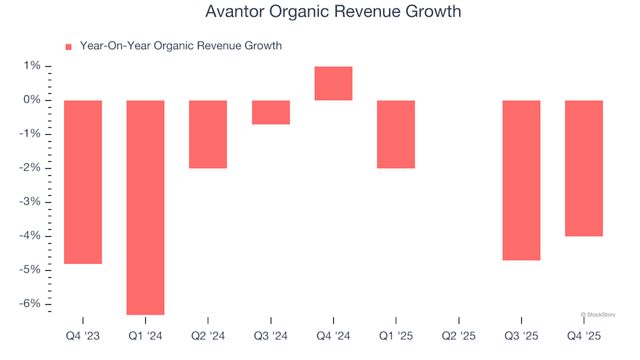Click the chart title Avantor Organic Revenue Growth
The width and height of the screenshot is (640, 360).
pyautogui.click(x=333, y=12)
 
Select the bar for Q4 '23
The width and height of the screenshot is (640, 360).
pyautogui.click(x=83, y=182)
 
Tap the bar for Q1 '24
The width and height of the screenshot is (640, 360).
pyautogui.click(x=145, y=207)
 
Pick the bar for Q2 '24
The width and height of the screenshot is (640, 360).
pyautogui.click(x=208, y=134)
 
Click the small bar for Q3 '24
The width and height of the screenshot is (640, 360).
pyautogui.click(x=271, y=112)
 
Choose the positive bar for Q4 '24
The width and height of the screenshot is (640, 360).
pyautogui.click(x=333, y=83)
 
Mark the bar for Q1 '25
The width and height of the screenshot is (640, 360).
pyautogui.click(x=396, y=134)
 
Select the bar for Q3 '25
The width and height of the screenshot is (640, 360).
pyautogui.click(x=521, y=180)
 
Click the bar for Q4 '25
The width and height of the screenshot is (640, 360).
pyautogui.click(x=584, y=168)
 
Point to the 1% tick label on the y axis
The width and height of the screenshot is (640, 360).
pyautogui.click(x=33, y=66)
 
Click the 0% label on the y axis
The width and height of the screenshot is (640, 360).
pyautogui.click(x=32, y=100)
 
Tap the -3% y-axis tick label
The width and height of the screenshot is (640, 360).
pyautogui.click(x=30, y=202)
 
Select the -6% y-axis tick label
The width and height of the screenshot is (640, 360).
pyautogui.click(x=30, y=304)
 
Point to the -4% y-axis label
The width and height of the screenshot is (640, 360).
pyautogui.click(x=30, y=236)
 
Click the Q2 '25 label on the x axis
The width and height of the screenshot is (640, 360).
pyautogui.click(x=459, y=337)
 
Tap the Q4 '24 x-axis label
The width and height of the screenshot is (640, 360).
pyautogui.click(x=333, y=337)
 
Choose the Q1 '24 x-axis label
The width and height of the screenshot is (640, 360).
pyautogui.click(x=145, y=337)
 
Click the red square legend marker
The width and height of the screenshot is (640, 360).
pyautogui.click(x=68, y=47)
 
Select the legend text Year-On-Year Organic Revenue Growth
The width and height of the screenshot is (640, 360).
pyautogui.click(x=181, y=46)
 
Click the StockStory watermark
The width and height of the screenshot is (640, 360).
pyautogui.click(x=598, y=314)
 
